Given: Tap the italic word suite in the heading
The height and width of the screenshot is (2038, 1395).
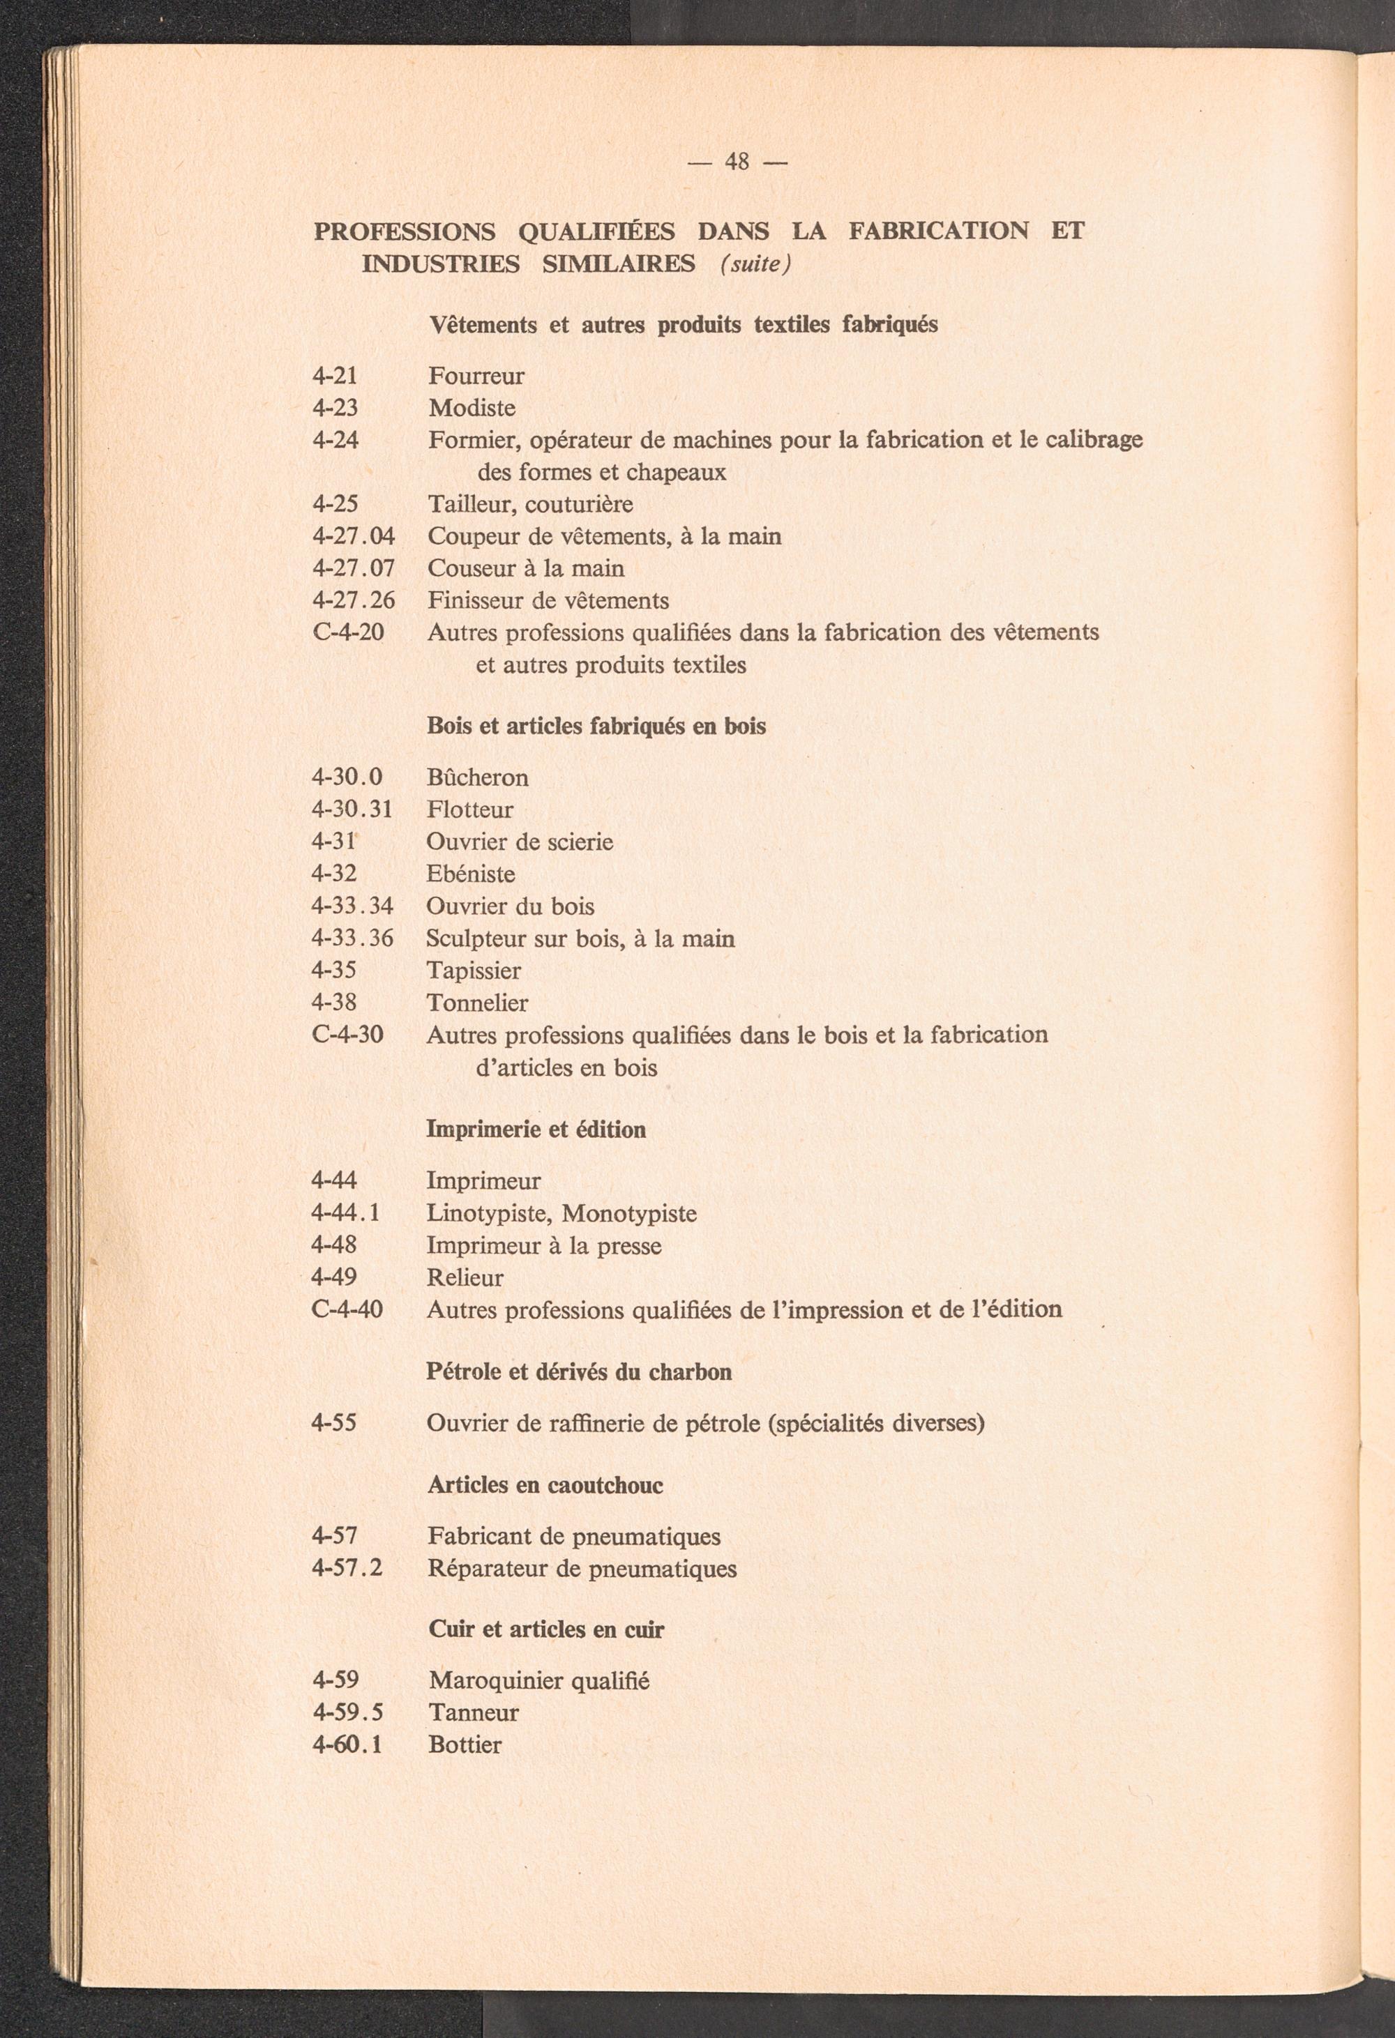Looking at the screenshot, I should pos(755,264).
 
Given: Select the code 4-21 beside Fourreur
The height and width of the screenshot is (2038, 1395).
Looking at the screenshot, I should pos(335,377).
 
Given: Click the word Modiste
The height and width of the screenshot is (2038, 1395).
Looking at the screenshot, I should pos(472,408).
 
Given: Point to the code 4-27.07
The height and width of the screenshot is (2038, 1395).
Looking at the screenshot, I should pos(354,568).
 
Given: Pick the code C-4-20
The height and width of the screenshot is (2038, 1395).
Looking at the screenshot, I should pos(347,632).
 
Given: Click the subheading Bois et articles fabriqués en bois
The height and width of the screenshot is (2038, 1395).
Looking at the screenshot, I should pos(596,726).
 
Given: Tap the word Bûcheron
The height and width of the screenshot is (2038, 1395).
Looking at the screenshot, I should pos(477,778).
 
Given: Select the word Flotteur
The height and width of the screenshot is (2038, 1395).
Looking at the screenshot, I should pos(470,809).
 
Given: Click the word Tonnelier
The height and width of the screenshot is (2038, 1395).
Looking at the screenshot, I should pos(477,1003).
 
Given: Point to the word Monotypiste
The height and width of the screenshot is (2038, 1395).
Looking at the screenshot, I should pos(629,1214).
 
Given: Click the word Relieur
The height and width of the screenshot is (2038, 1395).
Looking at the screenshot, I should pos(465,1278).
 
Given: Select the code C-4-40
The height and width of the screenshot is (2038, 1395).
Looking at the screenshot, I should pos(347,1310).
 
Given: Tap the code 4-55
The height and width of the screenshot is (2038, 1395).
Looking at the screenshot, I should pos(334,1422).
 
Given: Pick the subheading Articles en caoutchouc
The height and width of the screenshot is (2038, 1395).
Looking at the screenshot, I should pos(545,1484).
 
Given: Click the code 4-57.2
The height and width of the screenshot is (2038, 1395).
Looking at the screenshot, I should pos(347,1568).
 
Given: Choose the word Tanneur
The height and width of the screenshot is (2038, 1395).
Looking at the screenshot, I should pos(474,1712).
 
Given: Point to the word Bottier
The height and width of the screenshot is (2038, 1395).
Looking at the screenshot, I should pos(465,1744).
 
